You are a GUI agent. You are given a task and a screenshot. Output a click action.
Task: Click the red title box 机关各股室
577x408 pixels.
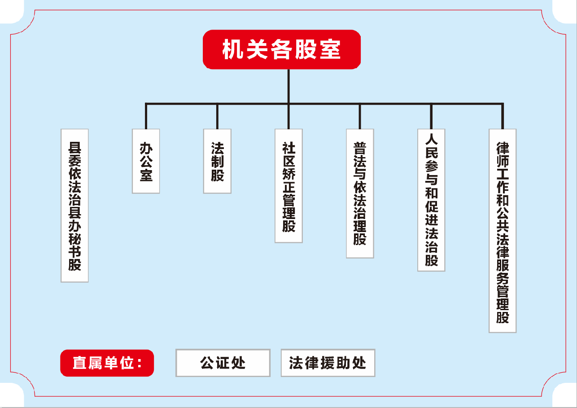click(281, 49)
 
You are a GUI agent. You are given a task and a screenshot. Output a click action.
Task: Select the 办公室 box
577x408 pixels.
click(146, 161)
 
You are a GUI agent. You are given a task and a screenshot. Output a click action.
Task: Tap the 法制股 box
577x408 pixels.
click(217, 161)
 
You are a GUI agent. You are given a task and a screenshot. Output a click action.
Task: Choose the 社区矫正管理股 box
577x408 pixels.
click(288, 186)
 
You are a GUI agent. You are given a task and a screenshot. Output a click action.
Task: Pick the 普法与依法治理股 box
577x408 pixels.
click(360, 193)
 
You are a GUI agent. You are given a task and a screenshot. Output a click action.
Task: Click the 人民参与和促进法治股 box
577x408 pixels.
click(431, 200)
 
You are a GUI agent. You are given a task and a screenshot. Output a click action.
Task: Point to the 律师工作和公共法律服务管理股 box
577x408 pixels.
click(503, 231)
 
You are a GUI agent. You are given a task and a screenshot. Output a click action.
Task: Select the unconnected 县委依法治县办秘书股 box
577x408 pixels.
click(74, 206)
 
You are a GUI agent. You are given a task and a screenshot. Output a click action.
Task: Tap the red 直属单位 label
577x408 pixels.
click(107, 363)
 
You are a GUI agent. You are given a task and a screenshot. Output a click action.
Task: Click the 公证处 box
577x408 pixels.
click(223, 363)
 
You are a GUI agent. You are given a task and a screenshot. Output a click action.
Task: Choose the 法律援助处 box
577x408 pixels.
click(328, 363)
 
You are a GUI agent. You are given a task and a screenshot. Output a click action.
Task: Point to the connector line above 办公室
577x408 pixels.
click(146, 117)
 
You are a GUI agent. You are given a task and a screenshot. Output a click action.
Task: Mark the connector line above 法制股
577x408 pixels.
click(217, 117)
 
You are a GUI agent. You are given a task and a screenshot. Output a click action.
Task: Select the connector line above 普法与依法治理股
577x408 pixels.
click(360, 117)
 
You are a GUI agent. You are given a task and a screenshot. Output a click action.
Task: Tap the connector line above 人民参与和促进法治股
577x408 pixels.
click(431, 117)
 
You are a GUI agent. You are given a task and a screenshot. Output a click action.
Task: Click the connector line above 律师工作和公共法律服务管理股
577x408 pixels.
click(503, 117)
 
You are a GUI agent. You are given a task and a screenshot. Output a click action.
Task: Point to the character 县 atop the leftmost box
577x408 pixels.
click(74, 147)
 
